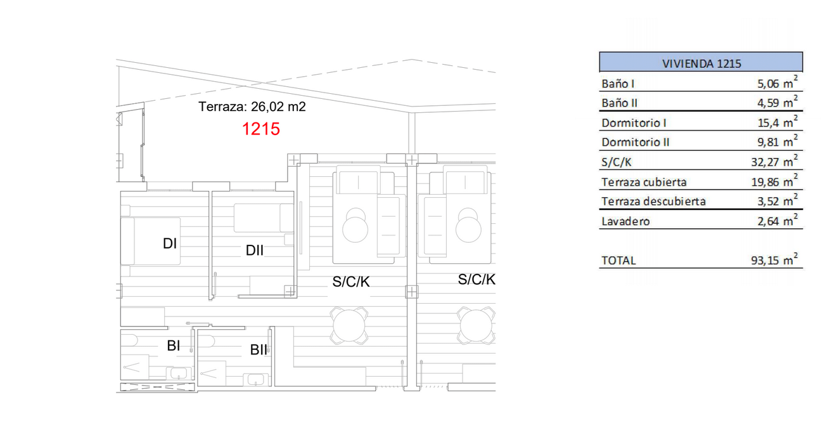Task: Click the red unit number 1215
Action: pos(261,129)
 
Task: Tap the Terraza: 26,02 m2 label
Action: pos(252,107)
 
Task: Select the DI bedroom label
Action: pos(170,243)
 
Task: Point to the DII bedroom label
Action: pos(255,250)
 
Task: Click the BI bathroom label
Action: pos(174,346)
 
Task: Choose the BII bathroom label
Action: pos(259,349)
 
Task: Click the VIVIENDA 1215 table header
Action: pos(701,63)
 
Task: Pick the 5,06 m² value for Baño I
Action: pos(778,82)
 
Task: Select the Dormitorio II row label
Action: pos(635,143)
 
